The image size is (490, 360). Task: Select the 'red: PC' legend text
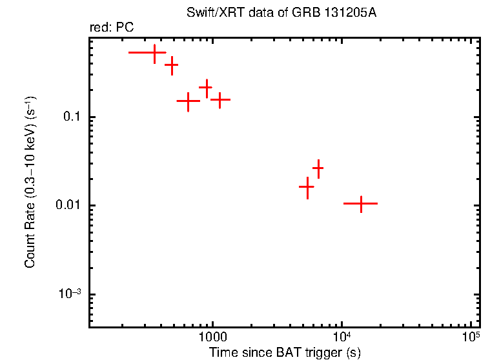point(112,28)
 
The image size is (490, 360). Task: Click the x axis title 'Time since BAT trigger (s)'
point(285,353)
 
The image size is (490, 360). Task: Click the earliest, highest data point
point(154,52)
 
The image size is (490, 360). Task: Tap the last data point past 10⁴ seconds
point(361,203)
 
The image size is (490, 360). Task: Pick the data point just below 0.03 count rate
point(318,168)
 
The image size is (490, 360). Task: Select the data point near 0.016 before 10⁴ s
point(307,187)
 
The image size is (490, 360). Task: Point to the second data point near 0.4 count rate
point(172,65)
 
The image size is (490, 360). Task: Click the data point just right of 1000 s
point(220,100)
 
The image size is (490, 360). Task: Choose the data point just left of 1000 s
point(206,87)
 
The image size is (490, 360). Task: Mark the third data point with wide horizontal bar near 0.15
point(188,101)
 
